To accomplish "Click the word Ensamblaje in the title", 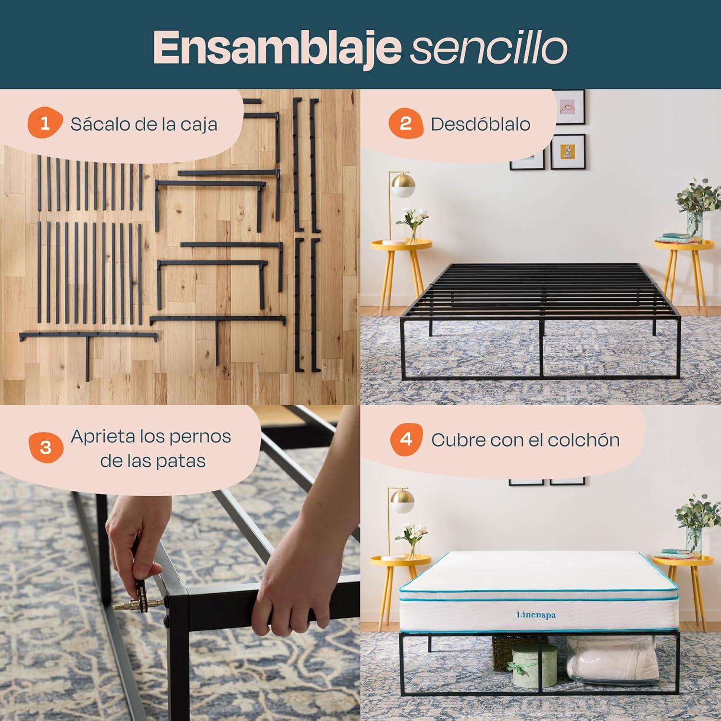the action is (x=277, y=49).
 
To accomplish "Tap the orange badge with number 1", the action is (x=45, y=124).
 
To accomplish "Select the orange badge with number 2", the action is (x=406, y=124).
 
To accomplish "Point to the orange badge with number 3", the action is (x=46, y=448).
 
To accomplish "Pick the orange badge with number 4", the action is (x=406, y=440).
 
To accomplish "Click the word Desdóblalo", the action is (x=481, y=124).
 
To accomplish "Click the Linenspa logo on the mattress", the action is (x=536, y=615).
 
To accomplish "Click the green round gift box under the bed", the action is (x=535, y=665).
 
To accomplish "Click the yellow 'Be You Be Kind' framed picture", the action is (x=568, y=151).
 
